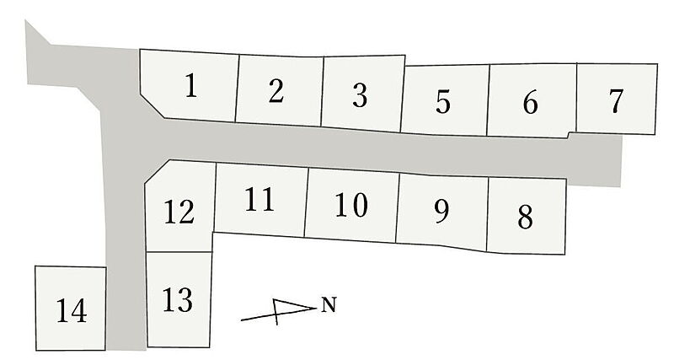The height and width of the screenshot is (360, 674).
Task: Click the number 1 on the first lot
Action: (191, 85)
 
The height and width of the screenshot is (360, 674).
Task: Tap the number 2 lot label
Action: (276, 91)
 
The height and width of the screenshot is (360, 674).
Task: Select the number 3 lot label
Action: (360, 95)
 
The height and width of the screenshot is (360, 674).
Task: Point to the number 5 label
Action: (443, 101)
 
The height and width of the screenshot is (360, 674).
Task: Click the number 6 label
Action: (531, 102)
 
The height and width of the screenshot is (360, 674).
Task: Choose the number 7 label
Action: (617, 100)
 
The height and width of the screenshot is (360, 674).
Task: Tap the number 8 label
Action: (525, 217)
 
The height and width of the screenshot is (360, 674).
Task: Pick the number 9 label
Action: (441, 211)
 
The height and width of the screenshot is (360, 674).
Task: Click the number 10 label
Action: (351, 204)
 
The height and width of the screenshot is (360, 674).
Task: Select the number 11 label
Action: (259, 199)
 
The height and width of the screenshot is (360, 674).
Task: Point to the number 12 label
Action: (179, 212)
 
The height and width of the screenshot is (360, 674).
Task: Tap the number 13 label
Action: (178, 299)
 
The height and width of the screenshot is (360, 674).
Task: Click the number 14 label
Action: (72, 310)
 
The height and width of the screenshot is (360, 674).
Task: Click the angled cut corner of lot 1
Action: (152, 105)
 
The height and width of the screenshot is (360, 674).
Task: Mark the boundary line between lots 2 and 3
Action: (322, 91)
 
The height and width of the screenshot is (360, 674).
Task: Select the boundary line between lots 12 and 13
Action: (179, 252)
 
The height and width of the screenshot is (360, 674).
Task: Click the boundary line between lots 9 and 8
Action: (488, 215)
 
